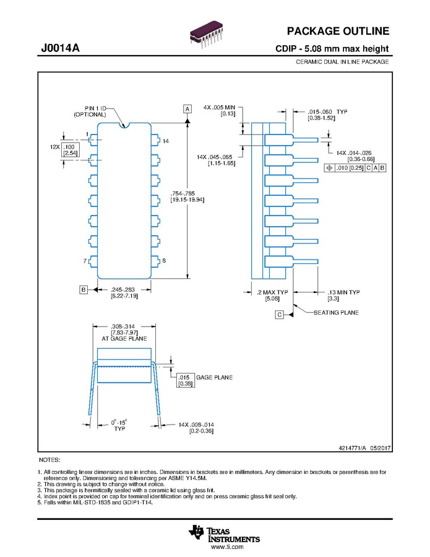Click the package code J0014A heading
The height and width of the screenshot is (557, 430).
coord(60,48)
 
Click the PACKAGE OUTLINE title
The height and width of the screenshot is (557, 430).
coord(338,31)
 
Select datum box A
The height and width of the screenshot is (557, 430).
coord(187,108)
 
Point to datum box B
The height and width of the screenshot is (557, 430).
coord(84,289)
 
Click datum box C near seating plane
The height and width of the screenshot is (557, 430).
coord(280,314)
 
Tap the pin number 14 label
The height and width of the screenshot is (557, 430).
coord(166,141)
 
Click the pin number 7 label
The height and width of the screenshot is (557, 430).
coord(85,261)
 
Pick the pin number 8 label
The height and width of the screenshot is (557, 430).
coord(164,260)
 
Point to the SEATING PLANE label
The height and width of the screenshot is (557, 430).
coord(336,313)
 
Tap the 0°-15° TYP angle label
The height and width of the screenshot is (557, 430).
coord(119,426)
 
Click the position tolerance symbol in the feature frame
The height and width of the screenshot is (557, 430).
coord(329,168)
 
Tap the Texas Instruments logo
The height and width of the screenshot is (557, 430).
coord(224,534)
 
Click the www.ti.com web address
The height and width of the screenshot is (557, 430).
coord(227,547)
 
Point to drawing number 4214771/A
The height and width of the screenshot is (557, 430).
coord(352,448)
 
